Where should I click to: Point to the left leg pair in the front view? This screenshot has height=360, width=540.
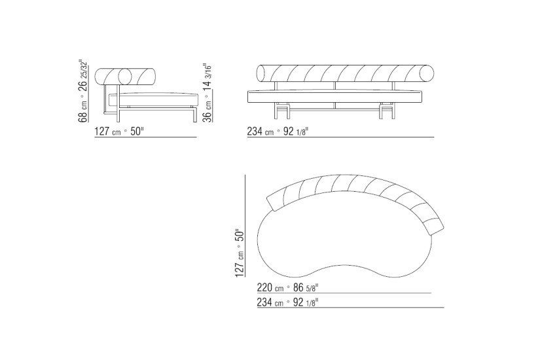283,112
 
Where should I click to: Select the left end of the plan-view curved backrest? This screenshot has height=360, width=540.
274,202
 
